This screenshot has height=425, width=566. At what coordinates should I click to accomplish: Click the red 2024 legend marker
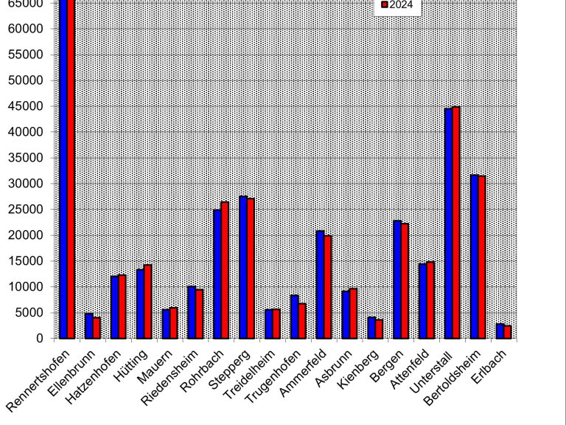(x=384, y=6)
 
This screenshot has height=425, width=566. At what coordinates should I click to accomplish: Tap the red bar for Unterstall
(x=456, y=222)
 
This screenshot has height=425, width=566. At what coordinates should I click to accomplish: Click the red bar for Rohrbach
(x=225, y=270)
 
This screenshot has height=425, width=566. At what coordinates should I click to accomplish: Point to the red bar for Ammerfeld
(x=327, y=287)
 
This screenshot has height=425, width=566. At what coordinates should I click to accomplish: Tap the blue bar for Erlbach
(x=500, y=331)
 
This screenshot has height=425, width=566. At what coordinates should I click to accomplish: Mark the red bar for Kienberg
(x=379, y=328)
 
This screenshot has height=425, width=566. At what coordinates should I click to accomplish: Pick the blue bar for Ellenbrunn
(x=88, y=325)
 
